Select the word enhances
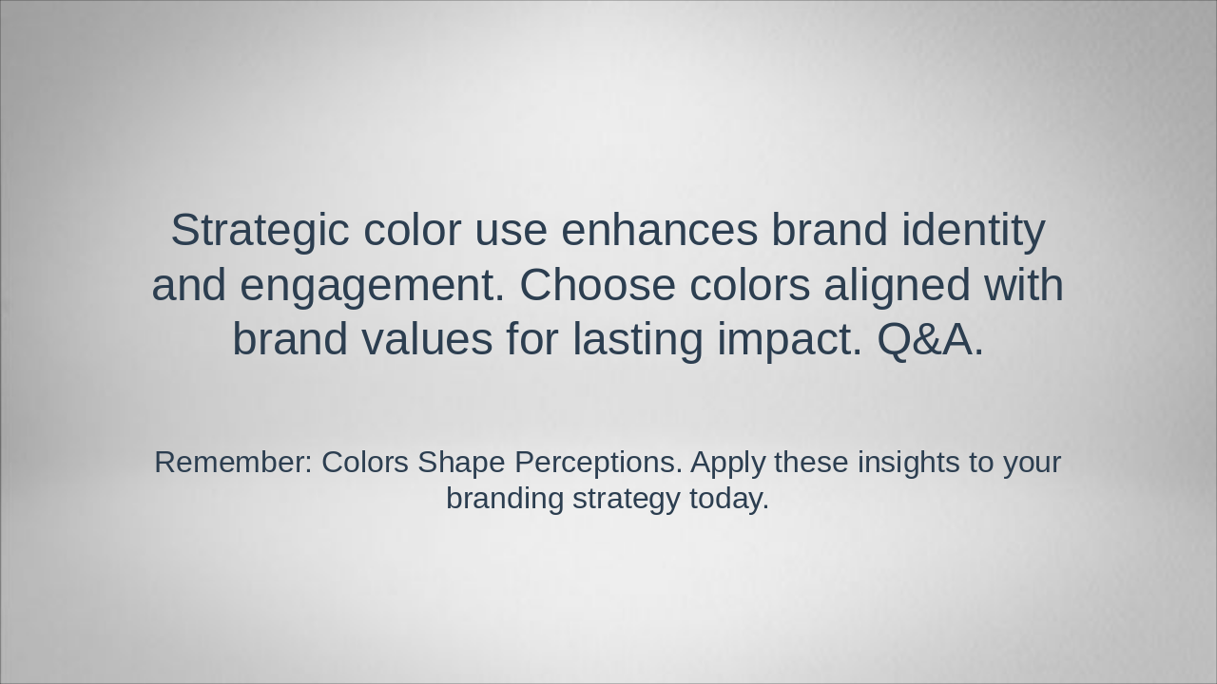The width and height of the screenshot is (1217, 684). (659, 230)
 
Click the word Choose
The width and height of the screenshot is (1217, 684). (598, 284)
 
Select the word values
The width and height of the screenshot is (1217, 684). (427, 338)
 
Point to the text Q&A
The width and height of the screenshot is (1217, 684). (930, 339)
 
